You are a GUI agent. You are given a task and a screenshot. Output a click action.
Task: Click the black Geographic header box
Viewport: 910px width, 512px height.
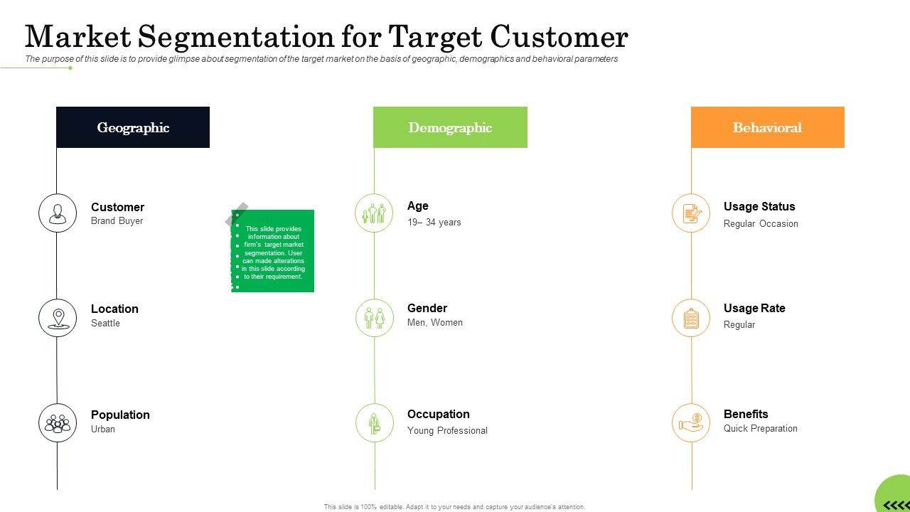coord(133,127)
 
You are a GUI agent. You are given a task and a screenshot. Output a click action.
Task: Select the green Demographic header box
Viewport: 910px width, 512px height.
coord(450,127)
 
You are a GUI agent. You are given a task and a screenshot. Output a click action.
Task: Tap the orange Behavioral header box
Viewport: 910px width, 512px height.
coord(767,127)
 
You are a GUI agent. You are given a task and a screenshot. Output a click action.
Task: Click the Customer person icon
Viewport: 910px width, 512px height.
coord(58,213)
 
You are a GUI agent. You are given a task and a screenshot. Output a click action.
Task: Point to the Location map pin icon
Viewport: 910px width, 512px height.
coord(58,318)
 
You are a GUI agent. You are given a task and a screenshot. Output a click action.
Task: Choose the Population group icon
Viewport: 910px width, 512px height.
coord(58,423)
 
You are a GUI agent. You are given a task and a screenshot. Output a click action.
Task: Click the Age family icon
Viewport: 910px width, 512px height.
coord(374,213)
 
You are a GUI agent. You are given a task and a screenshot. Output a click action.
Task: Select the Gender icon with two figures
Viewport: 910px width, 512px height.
coord(374,318)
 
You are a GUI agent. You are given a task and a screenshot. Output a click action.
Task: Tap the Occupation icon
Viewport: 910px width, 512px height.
coord(374,423)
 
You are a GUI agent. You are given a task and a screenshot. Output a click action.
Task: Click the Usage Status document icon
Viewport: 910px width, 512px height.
coord(691,213)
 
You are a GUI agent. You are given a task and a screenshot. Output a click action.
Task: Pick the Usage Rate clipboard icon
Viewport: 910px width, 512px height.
coord(691,318)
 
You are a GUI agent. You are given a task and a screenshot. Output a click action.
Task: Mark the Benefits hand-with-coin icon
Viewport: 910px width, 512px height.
coord(691,423)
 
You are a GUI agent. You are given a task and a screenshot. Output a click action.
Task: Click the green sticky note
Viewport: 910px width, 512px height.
coord(274,251)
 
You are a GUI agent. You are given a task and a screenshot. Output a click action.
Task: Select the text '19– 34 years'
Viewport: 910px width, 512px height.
coord(434,223)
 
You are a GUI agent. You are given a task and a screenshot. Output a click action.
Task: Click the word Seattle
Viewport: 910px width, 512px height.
coord(105,324)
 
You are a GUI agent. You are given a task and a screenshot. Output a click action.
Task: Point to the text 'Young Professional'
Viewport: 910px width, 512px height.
coord(447,431)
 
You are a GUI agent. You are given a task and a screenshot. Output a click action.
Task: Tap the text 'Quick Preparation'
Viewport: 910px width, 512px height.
coord(760,429)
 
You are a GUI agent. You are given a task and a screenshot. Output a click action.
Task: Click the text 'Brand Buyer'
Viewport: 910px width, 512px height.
coord(117,221)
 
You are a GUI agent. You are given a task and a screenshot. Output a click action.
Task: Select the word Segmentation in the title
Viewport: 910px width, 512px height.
coord(235,36)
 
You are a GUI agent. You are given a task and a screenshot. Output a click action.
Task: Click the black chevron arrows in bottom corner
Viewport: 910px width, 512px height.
coord(896,505)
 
